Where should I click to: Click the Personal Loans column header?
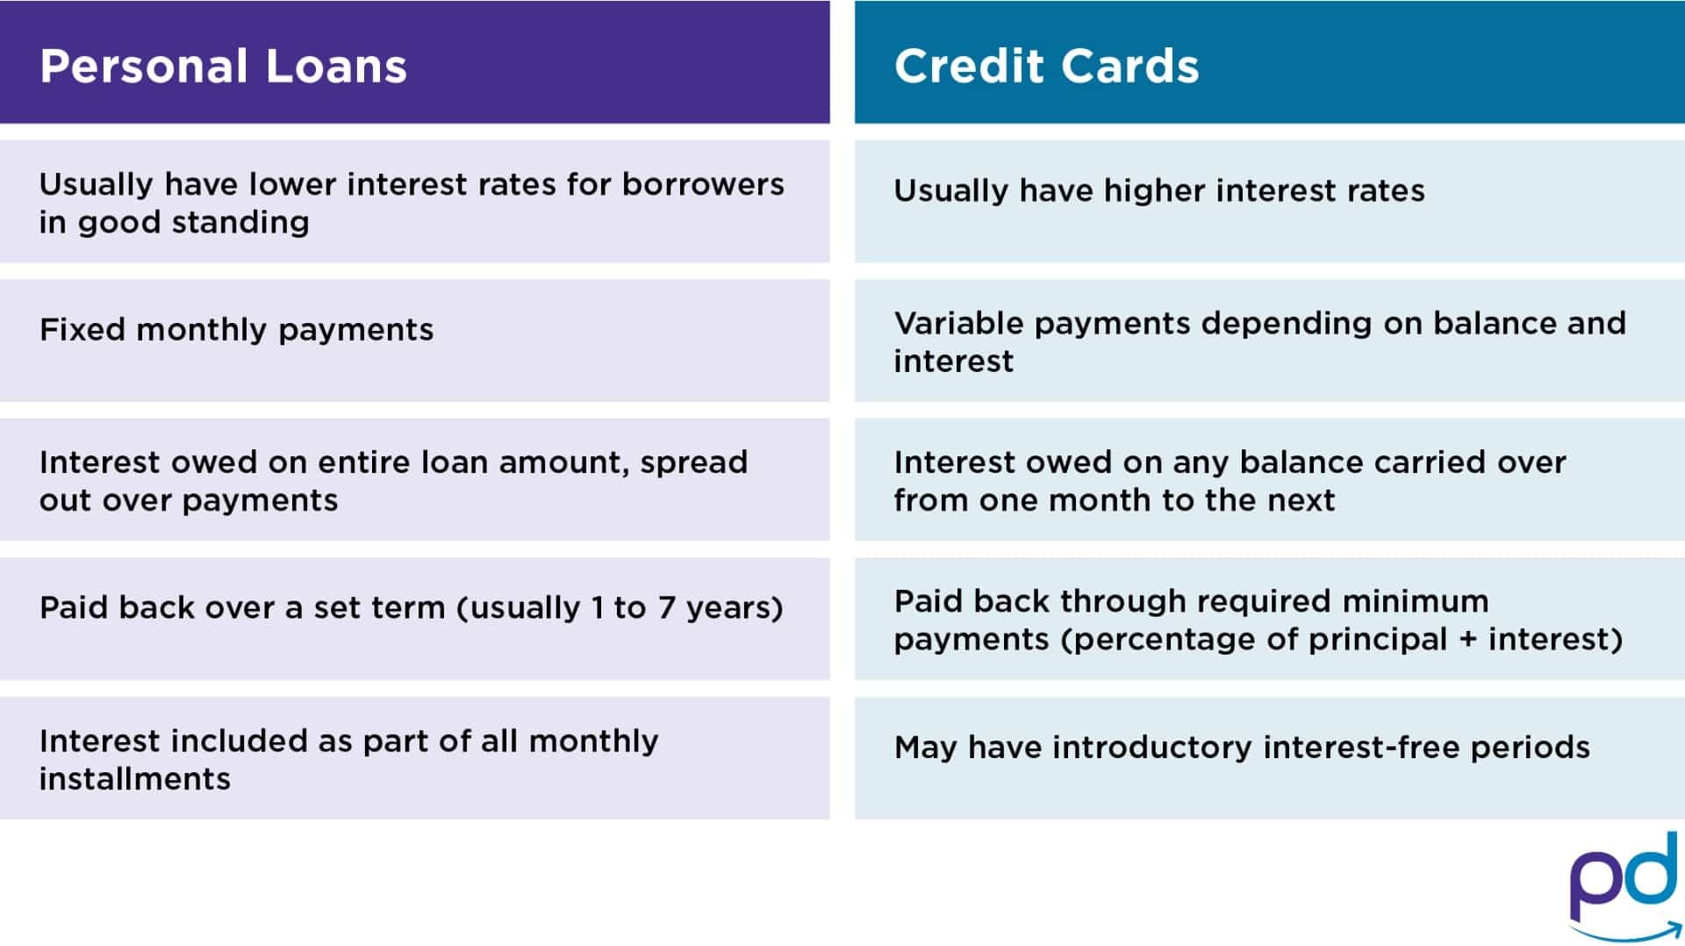click(414, 61)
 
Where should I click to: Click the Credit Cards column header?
click(1269, 61)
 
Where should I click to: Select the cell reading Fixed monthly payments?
click(414, 340)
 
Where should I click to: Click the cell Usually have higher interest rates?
click(1269, 201)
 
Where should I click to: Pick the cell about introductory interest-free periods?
click(1269, 758)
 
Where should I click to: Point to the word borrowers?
click(703, 184)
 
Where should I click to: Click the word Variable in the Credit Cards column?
click(958, 323)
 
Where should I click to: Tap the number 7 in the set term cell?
click(667, 607)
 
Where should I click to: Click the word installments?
click(135, 778)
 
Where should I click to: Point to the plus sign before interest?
click(1467, 640)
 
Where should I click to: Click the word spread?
click(694, 463)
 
